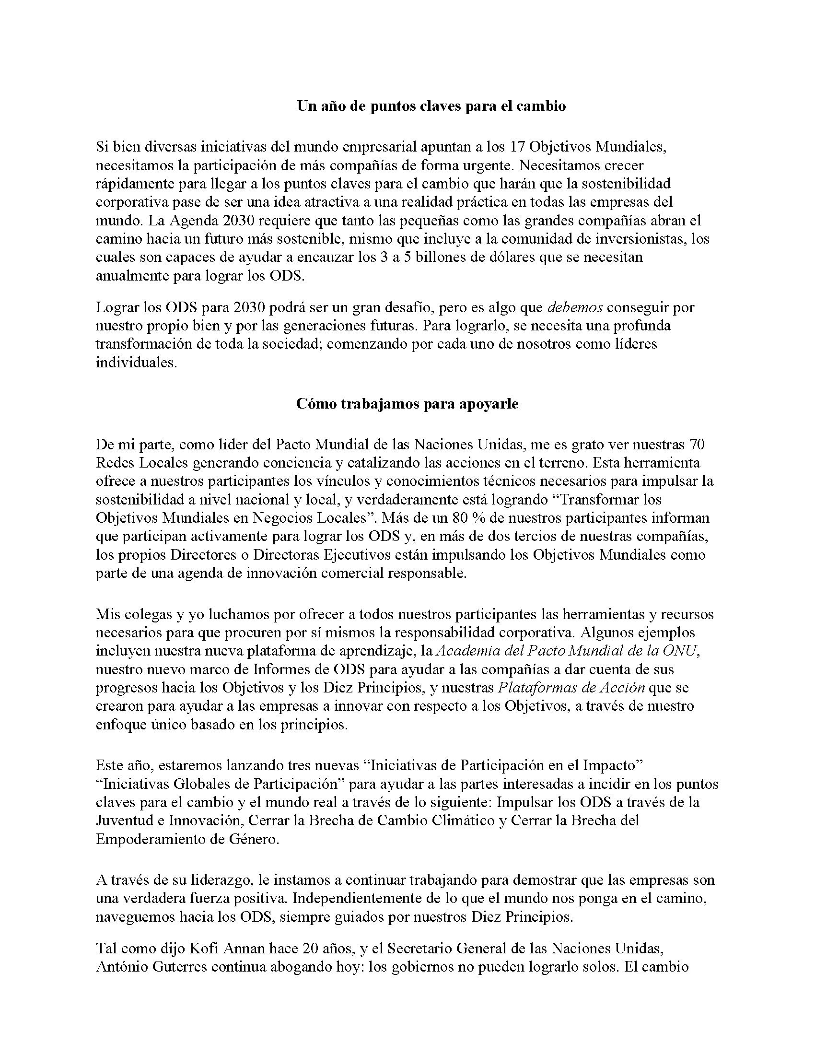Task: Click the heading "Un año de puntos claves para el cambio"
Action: (x=431, y=106)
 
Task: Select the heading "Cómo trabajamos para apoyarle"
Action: (x=407, y=404)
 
